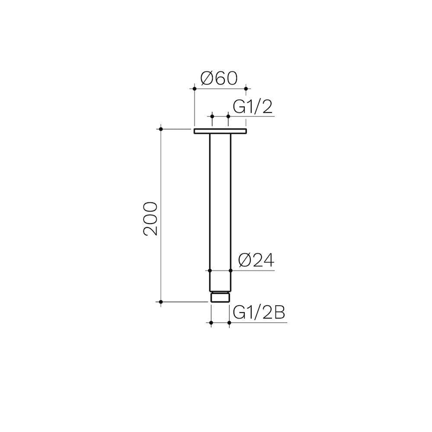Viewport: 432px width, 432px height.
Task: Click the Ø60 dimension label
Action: coord(219,78)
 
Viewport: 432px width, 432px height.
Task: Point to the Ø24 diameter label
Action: coord(256,261)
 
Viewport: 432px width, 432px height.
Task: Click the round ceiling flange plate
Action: coord(220,131)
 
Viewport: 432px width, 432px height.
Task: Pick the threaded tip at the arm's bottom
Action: coord(220,297)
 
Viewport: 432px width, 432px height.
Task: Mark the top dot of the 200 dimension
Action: coord(160,129)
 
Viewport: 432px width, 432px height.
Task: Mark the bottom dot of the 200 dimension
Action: coord(160,301)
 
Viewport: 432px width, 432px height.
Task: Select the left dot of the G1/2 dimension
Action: coord(212,116)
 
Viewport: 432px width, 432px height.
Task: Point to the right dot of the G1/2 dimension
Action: coord(228,116)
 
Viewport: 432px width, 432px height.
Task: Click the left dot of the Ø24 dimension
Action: coord(210,271)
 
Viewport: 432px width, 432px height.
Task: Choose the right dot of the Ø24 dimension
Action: coord(231,271)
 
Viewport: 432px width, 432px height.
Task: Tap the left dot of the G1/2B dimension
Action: coord(211,322)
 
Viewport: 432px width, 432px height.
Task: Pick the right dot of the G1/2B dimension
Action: coord(229,322)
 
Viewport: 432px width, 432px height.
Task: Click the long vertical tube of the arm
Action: coord(220,200)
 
